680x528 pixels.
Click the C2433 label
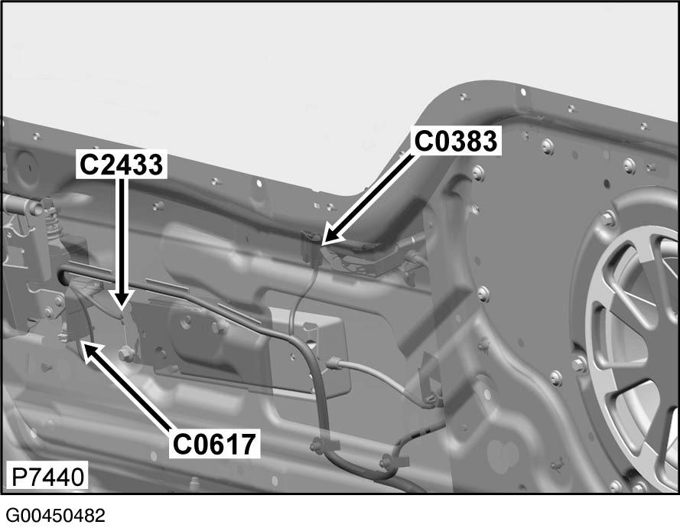tap(122, 164)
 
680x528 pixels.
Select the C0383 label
tap(457, 141)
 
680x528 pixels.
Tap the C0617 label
tap(213, 444)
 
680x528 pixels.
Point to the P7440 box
tap(46, 476)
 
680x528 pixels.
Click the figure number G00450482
tap(54, 514)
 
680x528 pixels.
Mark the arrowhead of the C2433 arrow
tap(121, 303)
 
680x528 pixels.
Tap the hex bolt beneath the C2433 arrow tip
tap(126, 354)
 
